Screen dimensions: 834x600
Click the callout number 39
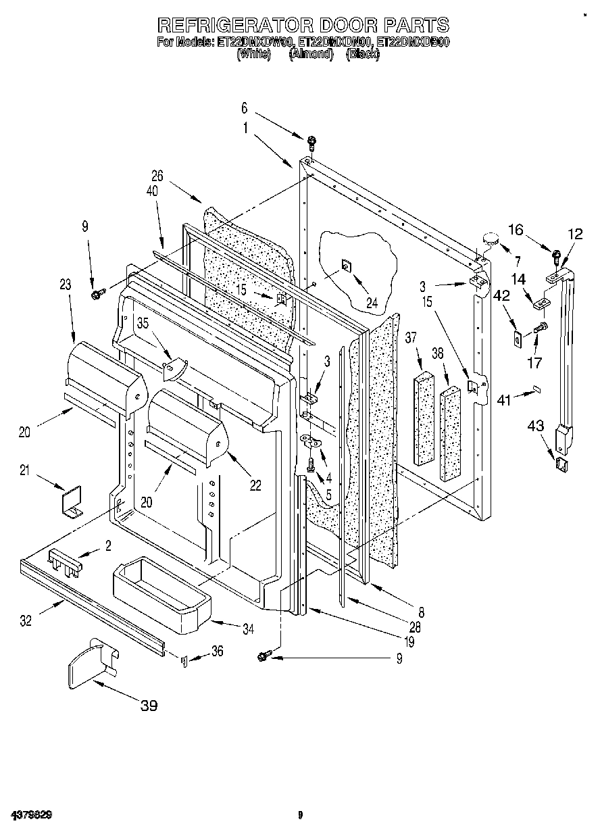(149, 706)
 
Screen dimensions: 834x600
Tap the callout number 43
(535, 426)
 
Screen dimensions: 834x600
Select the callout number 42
(502, 294)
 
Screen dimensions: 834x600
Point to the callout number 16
(515, 230)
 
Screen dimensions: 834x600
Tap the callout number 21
(25, 471)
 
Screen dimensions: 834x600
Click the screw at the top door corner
(311, 143)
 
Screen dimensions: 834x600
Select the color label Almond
(311, 54)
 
